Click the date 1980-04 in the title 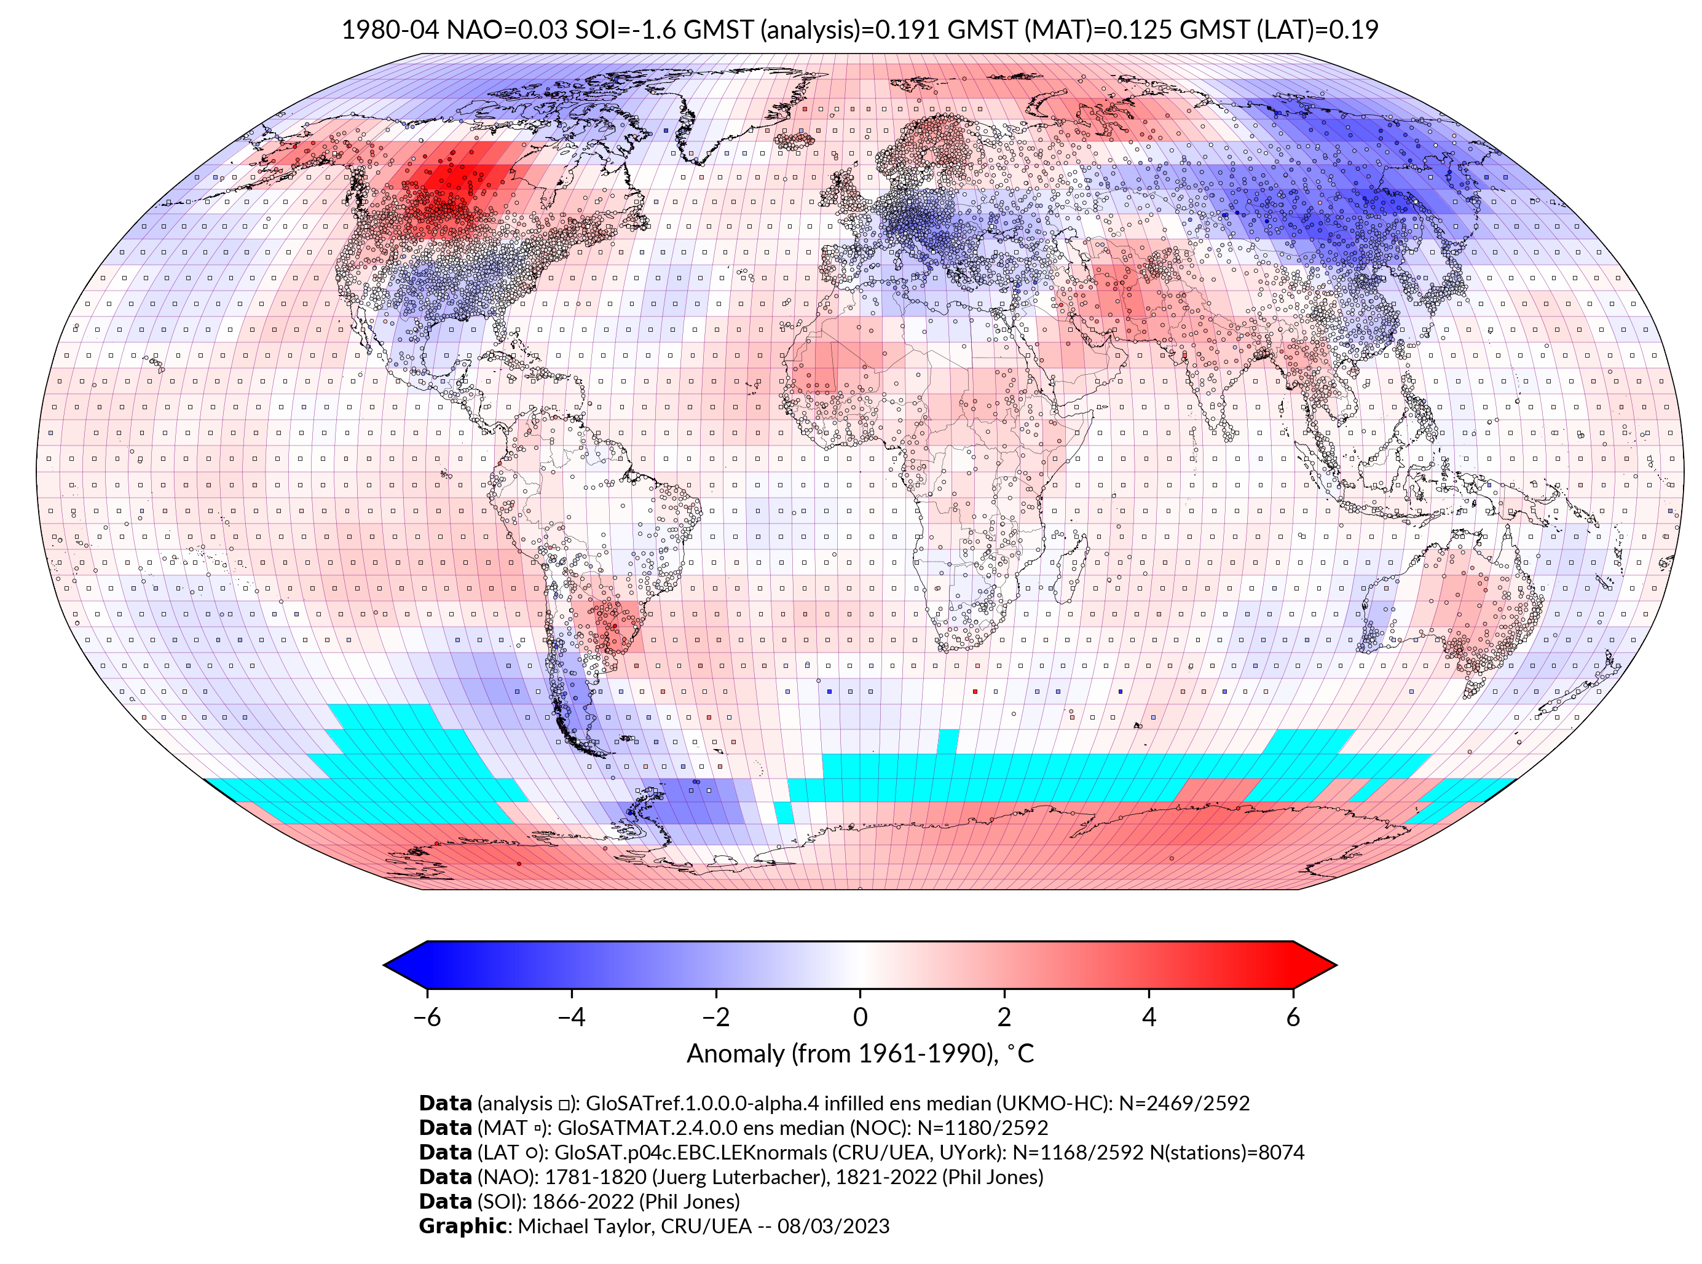(x=390, y=30)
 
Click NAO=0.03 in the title (x=506, y=30)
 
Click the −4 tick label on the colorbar (x=571, y=1017)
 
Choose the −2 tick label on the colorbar (x=715, y=1017)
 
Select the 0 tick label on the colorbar (x=860, y=1017)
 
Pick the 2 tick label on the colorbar (x=1004, y=1017)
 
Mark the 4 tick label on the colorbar (x=1149, y=1017)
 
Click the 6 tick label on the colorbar (x=1293, y=1017)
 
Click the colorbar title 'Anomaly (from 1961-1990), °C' (x=860, y=1054)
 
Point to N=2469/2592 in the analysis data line (x=1184, y=1104)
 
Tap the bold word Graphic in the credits (x=462, y=1226)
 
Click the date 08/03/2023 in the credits (x=833, y=1226)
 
